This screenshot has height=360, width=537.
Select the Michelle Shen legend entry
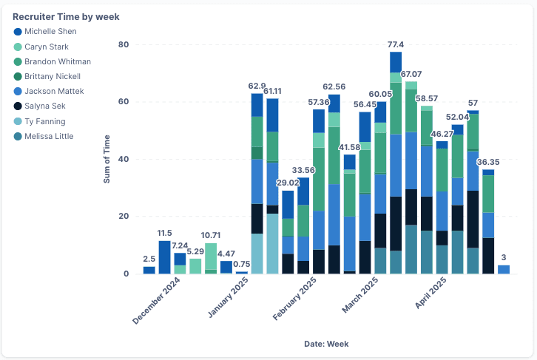(50, 32)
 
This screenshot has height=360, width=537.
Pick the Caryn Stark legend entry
(46, 47)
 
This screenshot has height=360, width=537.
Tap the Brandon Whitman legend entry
(57, 61)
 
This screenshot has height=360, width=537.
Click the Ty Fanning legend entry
(46, 121)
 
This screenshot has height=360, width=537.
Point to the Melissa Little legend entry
(49, 136)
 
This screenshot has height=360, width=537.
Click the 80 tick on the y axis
(124, 44)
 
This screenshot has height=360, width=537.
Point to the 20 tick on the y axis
(124, 217)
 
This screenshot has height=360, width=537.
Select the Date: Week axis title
(326, 344)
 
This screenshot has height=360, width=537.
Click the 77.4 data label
(396, 45)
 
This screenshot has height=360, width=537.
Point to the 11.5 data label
(164, 234)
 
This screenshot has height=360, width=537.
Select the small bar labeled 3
(504, 270)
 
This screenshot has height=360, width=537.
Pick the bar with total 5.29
(195, 266)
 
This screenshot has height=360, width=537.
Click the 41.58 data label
(349, 148)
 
